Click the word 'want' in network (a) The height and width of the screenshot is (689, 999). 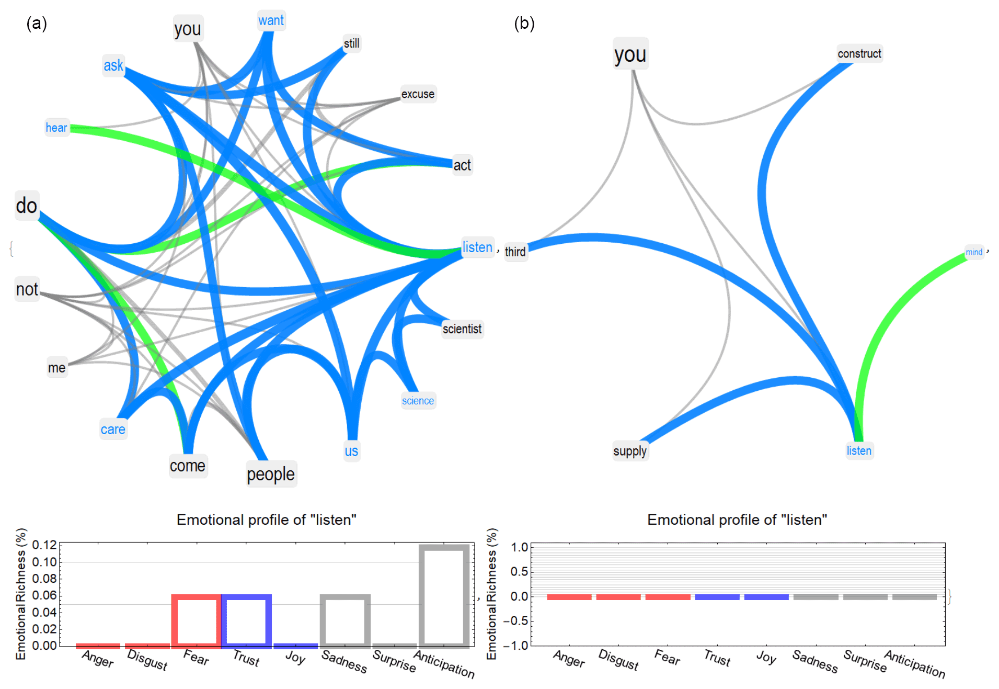pyautogui.click(x=271, y=21)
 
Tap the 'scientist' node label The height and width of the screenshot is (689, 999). pyautogui.click(x=462, y=329)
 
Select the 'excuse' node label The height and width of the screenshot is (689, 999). pyautogui.click(x=418, y=94)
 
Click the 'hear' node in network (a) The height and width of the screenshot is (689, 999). pyautogui.click(x=56, y=128)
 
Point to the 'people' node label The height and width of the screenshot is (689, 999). pyautogui.click(x=271, y=475)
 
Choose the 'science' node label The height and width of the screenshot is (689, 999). pyautogui.click(x=418, y=401)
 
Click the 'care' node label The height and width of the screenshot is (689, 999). pyautogui.click(x=113, y=430)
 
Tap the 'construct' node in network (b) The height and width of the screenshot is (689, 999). pyautogui.click(x=859, y=54)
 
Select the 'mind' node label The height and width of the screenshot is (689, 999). pyautogui.click(x=974, y=252)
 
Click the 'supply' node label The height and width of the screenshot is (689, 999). pyautogui.click(x=630, y=451)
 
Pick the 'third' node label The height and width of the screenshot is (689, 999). pyautogui.click(x=515, y=252)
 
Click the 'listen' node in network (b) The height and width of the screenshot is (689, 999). pyautogui.click(x=859, y=450)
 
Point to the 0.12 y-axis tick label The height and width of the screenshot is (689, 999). pyautogui.click(x=44, y=545)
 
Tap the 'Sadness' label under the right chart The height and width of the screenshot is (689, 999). pyautogui.click(x=815, y=661)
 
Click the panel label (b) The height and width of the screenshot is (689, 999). pyautogui.click(x=524, y=24)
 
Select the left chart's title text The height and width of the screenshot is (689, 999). pyautogui.click(x=267, y=520)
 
